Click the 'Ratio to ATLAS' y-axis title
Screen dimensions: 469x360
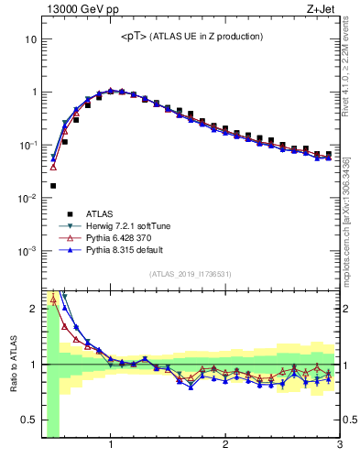(x=12, y=363)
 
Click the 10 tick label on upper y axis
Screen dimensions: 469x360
(x=30, y=39)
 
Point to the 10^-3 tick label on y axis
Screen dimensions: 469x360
(x=27, y=250)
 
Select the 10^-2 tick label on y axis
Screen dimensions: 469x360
(x=27, y=198)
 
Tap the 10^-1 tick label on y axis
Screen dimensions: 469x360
(x=27, y=145)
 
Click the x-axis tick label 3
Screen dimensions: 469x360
(x=339, y=446)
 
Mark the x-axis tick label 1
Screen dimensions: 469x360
(x=111, y=446)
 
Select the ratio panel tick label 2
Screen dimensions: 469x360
(x=32, y=309)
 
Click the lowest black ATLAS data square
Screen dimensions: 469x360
(x=53, y=186)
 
